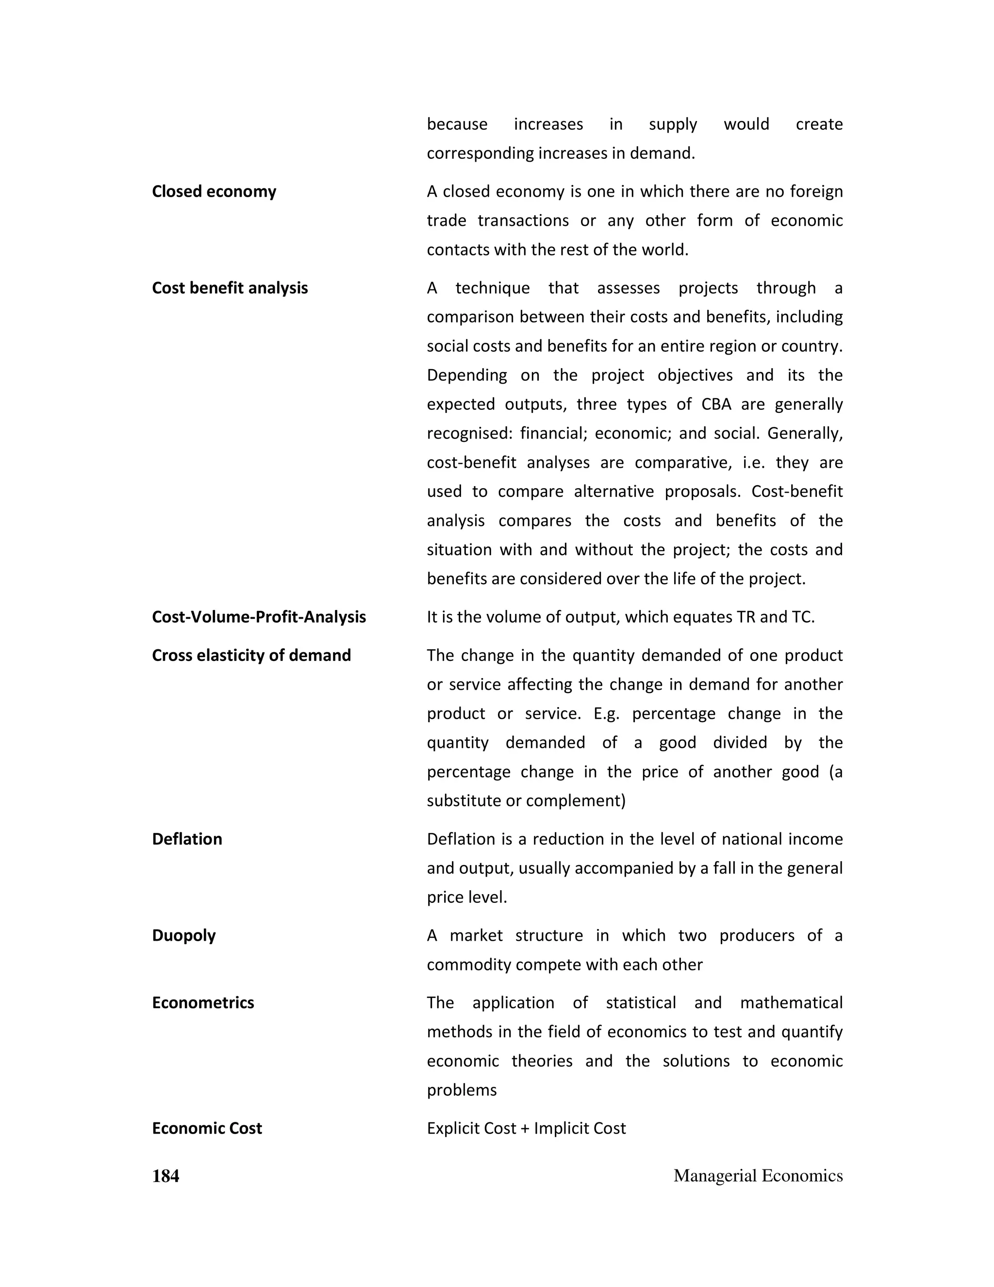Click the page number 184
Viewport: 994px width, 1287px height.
pyautogui.click(x=166, y=1176)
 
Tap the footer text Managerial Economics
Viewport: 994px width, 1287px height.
pyautogui.click(x=758, y=1176)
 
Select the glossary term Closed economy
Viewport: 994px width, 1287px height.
pyautogui.click(x=214, y=191)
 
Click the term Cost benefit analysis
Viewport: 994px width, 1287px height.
pyautogui.click(x=230, y=288)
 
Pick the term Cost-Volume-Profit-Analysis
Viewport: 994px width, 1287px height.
pyautogui.click(x=259, y=617)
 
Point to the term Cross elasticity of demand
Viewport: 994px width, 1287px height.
pyautogui.click(x=251, y=655)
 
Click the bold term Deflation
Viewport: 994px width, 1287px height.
pyautogui.click(x=187, y=839)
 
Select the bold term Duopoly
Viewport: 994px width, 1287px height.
pyautogui.click(x=184, y=936)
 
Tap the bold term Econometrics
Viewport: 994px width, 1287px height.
pyautogui.click(x=202, y=1003)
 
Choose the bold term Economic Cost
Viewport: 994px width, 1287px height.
pyautogui.click(x=207, y=1129)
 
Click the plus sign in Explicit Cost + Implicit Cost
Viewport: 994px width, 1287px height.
pyautogui.click(x=525, y=1129)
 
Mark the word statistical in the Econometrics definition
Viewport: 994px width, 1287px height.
pyautogui.click(x=641, y=1003)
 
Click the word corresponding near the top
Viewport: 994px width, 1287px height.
pyautogui.click(x=480, y=153)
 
